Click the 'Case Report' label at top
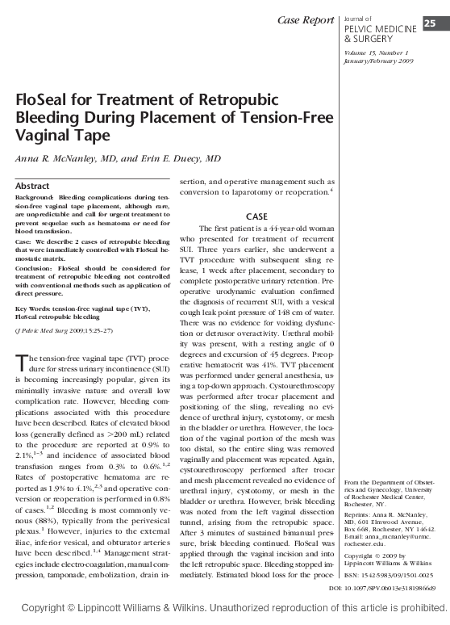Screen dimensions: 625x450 click(305, 19)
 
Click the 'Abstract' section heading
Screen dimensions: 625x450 click(33, 186)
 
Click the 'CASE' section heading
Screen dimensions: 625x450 click(256, 216)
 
